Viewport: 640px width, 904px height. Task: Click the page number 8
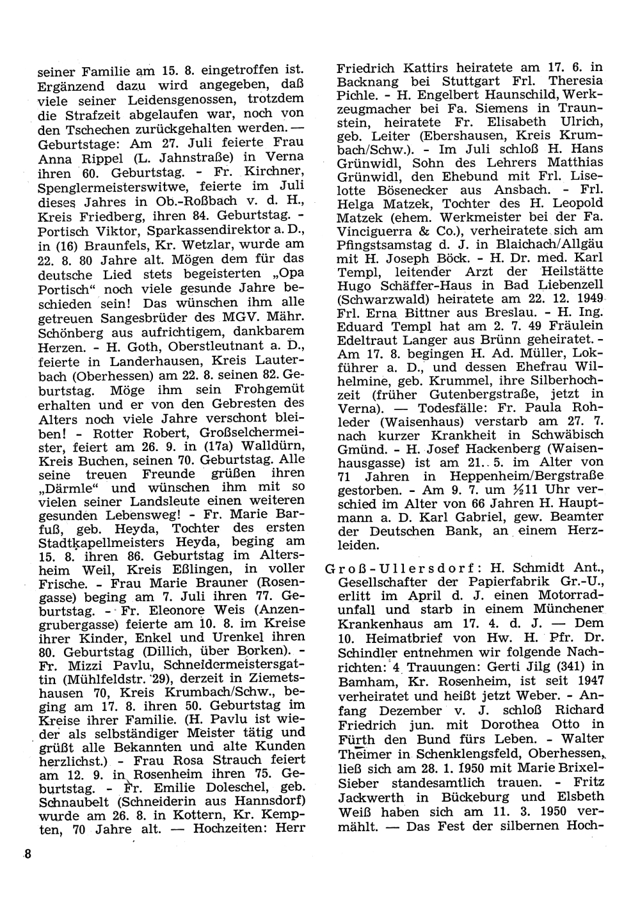tap(27, 855)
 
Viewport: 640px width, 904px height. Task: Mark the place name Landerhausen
tap(129, 360)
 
